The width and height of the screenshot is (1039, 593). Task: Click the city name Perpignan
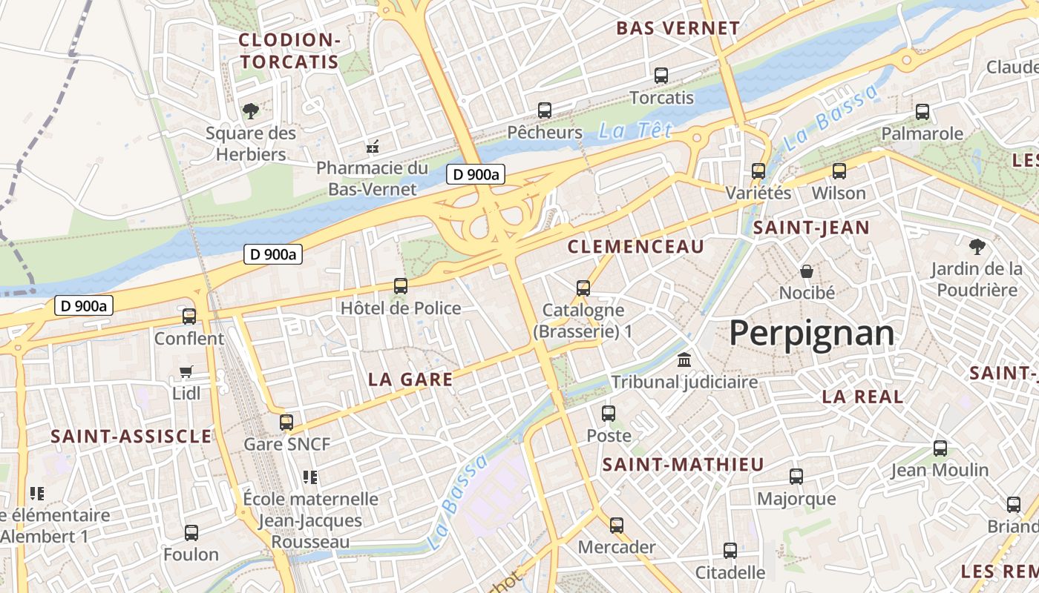tap(811, 334)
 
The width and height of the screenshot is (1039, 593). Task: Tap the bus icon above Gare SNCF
tap(286, 423)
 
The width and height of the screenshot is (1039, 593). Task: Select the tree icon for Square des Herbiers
tap(251, 112)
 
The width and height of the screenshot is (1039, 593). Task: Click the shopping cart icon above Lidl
tap(186, 371)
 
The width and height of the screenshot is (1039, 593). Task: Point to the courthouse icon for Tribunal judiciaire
tap(684, 360)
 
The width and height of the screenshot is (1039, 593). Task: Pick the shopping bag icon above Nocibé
tap(807, 271)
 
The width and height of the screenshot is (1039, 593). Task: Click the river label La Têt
tap(635, 131)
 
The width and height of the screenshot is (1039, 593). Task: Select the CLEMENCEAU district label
tap(635, 247)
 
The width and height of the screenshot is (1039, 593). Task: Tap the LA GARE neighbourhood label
tap(410, 380)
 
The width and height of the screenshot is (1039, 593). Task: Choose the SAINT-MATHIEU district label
tap(683, 465)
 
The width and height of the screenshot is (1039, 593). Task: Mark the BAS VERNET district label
tap(678, 29)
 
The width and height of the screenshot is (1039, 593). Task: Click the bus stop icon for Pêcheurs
tap(545, 110)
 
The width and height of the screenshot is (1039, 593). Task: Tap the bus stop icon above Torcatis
tap(661, 76)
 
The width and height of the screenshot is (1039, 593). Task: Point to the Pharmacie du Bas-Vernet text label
tap(373, 179)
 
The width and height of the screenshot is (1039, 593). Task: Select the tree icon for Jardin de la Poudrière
tap(977, 247)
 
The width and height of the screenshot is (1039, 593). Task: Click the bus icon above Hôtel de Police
tap(401, 286)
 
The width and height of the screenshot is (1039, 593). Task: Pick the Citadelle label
tap(730, 572)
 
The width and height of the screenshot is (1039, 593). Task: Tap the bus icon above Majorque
tap(796, 477)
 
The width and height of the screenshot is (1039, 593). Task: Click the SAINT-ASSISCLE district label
tap(131, 436)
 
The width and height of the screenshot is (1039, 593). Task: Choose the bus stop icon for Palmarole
tap(922, 112)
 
